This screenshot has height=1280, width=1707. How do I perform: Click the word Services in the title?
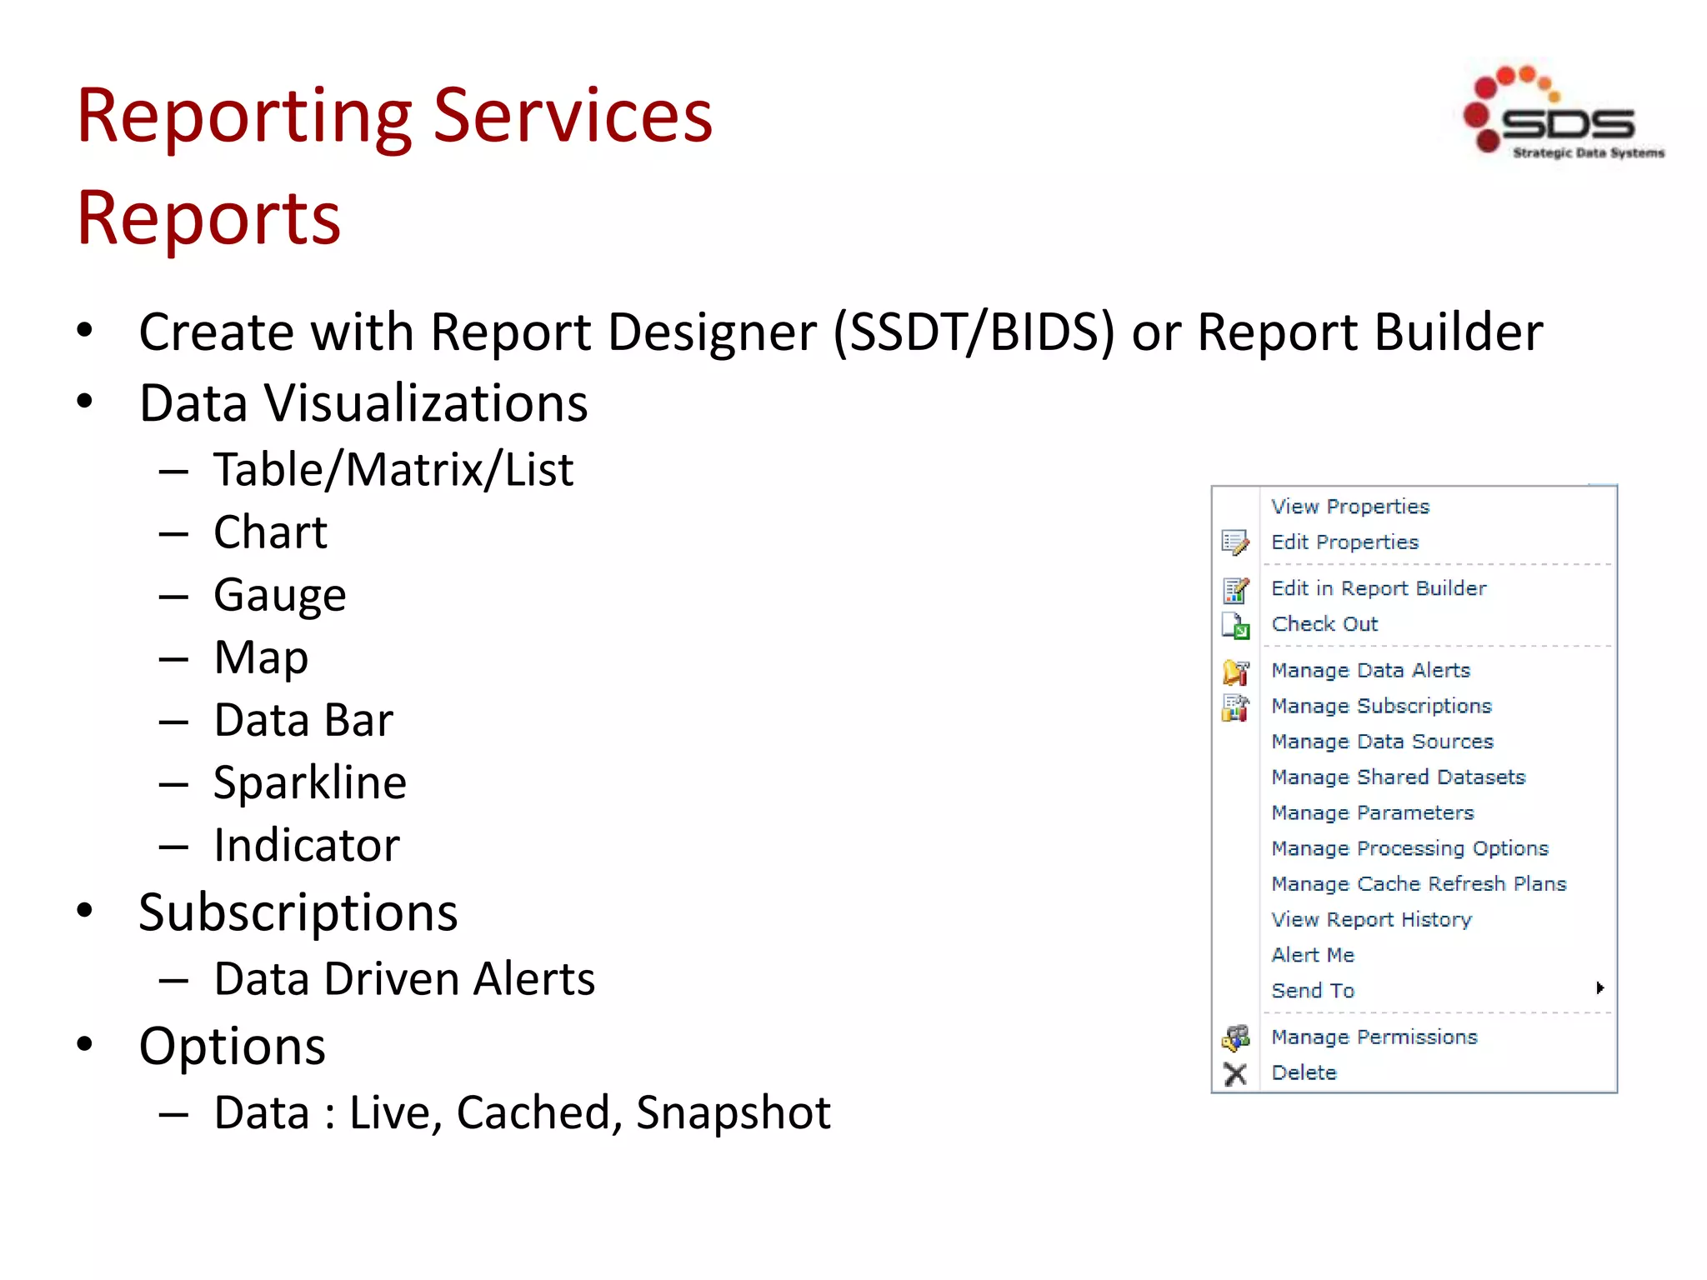click(x=573, y=116)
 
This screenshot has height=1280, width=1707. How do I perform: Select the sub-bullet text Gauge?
click(x=279, y=595)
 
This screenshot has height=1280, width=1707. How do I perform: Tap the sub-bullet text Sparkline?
click(x=309, y=782)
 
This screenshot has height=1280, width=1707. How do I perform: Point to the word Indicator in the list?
click(x=306, y=845)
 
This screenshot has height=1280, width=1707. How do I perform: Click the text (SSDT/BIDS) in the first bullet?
click(x=974, y=332)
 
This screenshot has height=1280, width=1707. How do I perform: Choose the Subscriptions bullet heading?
click(x=298, y=912)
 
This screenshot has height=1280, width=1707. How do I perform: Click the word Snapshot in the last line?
click(x=733, y=1112)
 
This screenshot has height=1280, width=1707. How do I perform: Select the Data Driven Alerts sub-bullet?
click(x=404, y=979)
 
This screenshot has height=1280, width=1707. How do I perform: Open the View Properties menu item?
click(x=1349, y=507)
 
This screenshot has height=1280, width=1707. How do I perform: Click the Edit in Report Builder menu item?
click(x=1378, y=588)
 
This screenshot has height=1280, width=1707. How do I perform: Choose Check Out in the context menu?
click(x=1324, y=624)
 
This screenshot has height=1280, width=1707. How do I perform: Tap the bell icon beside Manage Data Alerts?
click(x=1234, y=672)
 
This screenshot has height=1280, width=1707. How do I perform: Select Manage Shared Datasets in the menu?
click(x=1398, y=777)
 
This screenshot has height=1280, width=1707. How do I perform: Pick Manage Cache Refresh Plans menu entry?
click(x=1418, y=884)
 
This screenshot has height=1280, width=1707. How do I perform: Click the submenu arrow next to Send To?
click(x=1599, y=988)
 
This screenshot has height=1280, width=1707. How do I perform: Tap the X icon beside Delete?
click(x=1234, y=1074)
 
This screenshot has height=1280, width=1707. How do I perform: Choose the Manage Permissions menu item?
click(x=1374, y=1037)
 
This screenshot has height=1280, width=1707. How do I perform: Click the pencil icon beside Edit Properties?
click(x=1234, y=543)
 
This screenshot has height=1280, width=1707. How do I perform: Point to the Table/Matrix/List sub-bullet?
click(x=393, y=470)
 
